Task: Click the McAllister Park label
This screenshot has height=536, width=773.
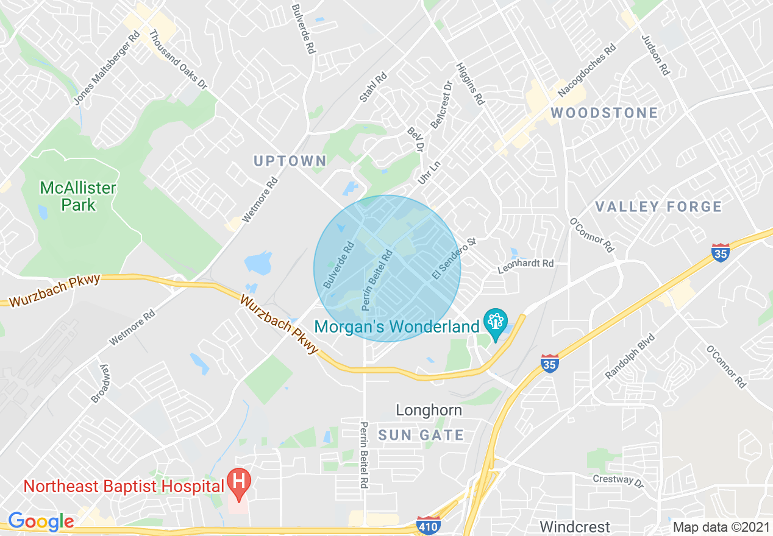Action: (78, 196)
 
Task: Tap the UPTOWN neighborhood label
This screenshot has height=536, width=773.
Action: (290, 161)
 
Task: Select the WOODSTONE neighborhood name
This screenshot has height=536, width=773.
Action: (604, 113)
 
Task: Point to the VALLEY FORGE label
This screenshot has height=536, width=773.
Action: (658, 207)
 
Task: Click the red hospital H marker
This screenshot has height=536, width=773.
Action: (238, 481)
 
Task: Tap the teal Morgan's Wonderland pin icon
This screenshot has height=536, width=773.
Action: (496, 321)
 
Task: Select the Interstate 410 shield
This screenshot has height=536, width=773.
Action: (429, 524)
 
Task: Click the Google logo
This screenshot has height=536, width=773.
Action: (41, 521)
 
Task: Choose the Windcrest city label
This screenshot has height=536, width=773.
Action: (575, 526)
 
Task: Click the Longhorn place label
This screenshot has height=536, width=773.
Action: (429, 411)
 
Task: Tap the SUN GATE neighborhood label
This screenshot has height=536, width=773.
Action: (421, 435)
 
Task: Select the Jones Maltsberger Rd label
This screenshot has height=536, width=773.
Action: (107, 68)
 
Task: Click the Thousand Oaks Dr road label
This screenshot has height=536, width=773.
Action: (179, 60)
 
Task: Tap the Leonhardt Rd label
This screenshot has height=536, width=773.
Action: (525, 264)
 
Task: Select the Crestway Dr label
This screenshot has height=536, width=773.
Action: (618, 481)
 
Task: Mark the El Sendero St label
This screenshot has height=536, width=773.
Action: (453, 259)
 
